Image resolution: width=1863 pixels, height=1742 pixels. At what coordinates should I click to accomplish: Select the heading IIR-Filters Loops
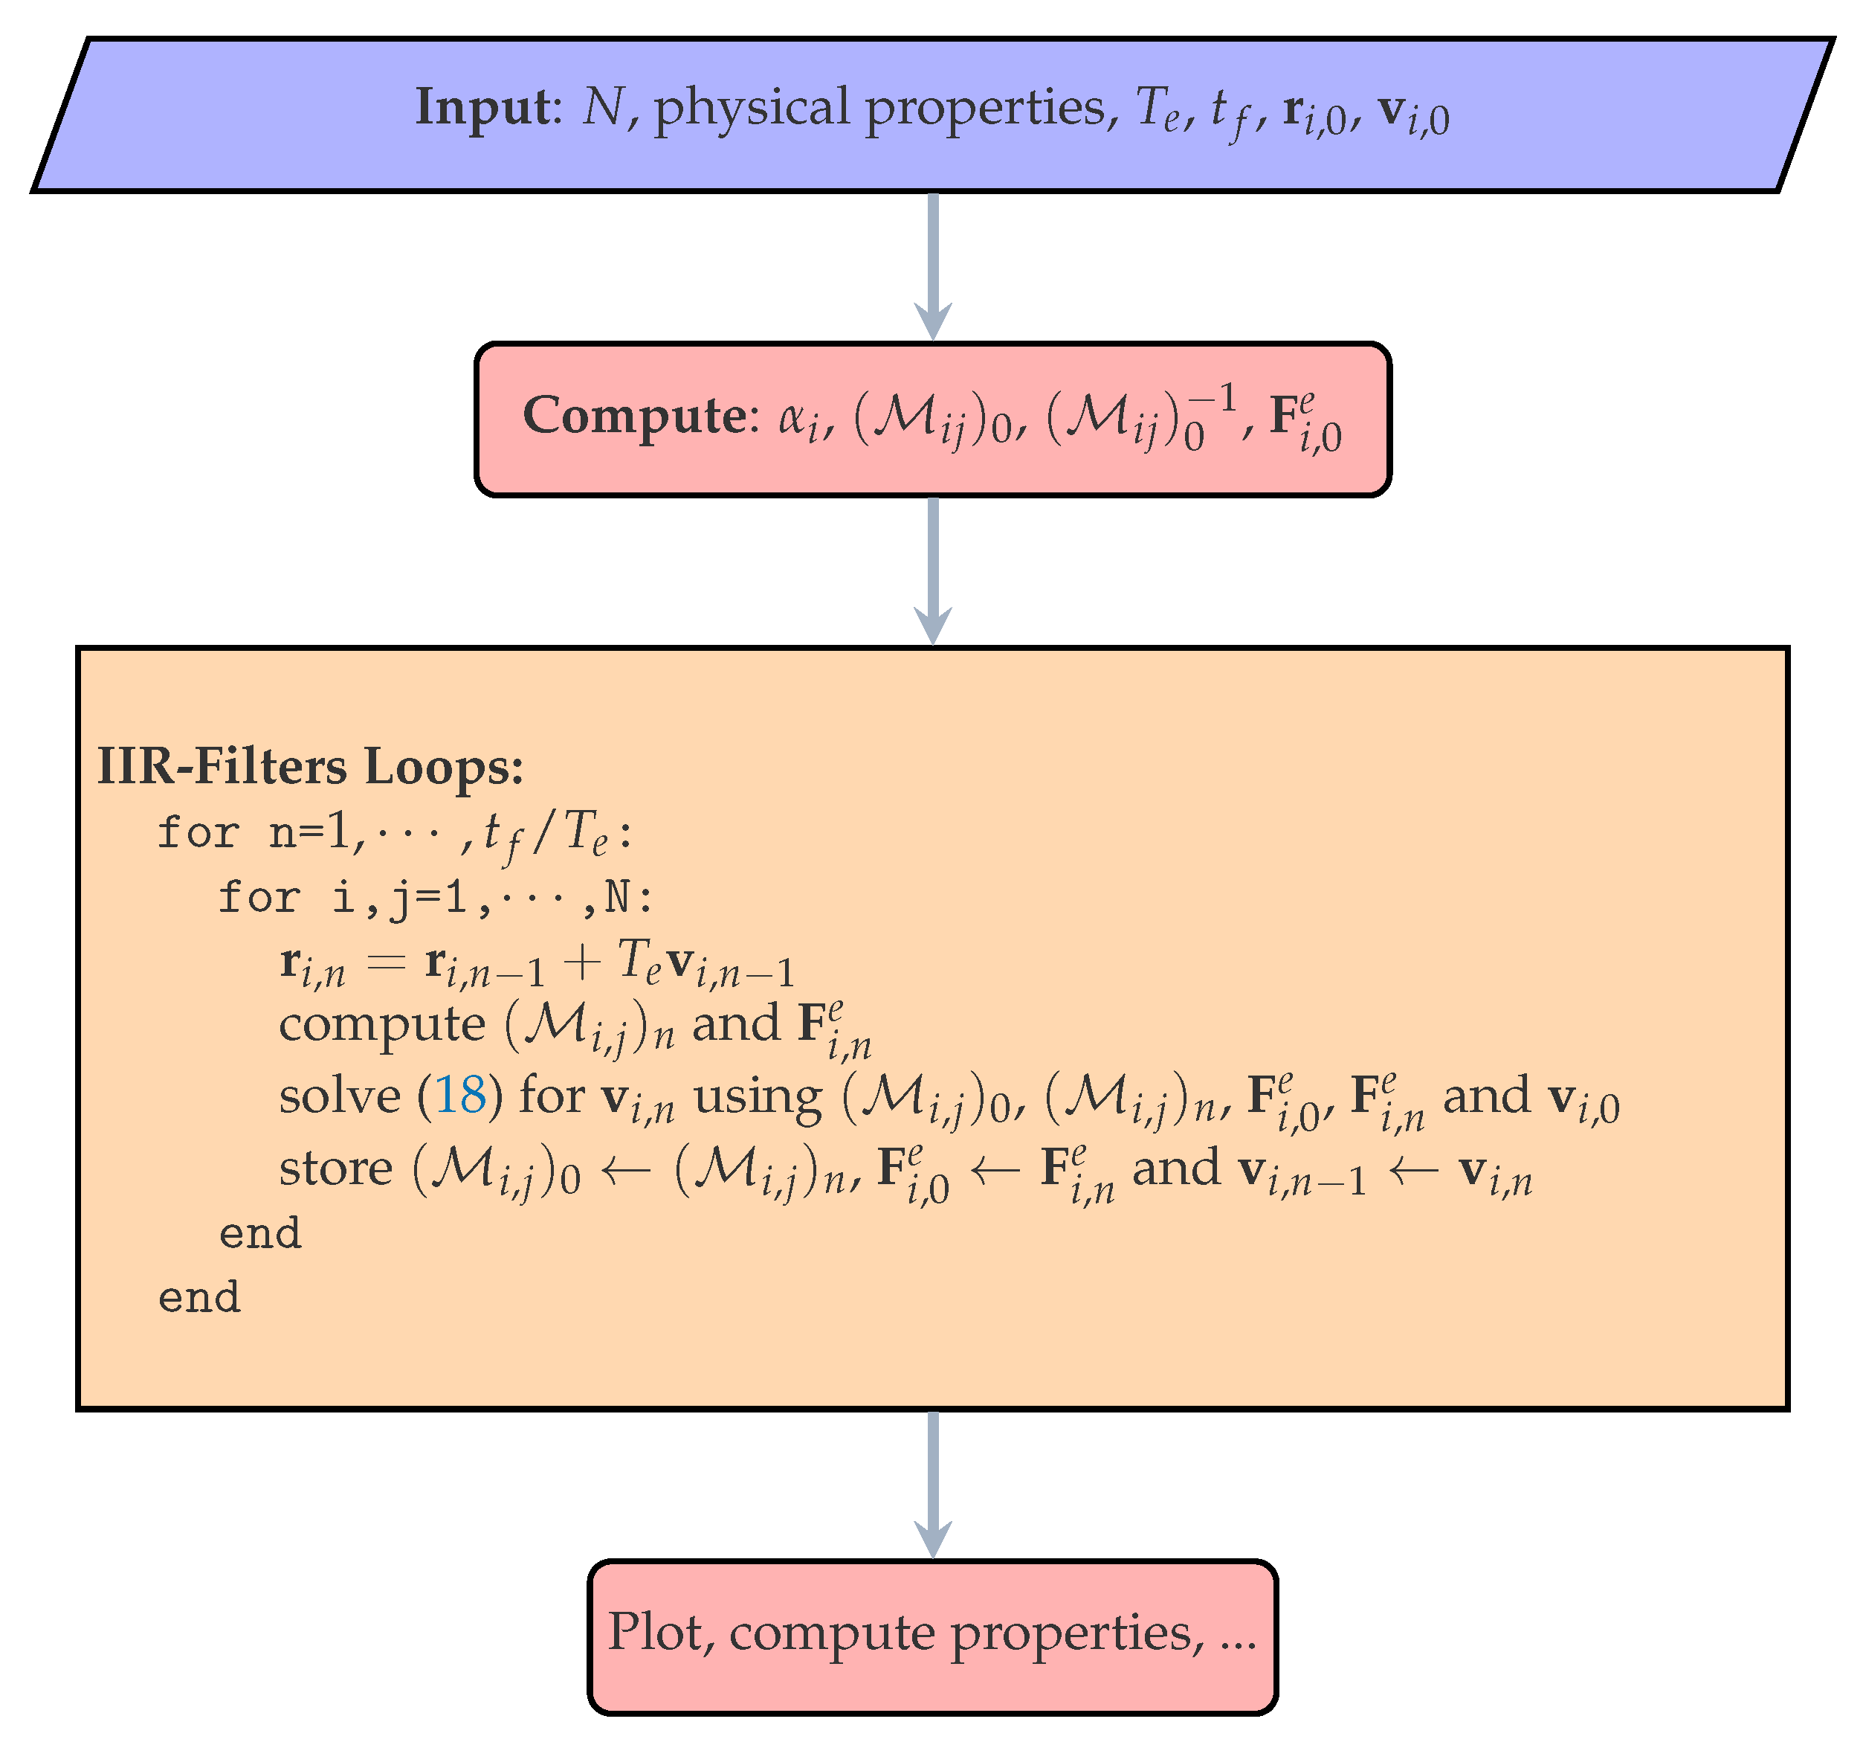point(310,767)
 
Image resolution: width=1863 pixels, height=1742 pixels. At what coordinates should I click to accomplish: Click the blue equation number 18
point(460,1094)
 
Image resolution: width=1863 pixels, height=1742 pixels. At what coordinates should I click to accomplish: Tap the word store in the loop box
point(335,1169)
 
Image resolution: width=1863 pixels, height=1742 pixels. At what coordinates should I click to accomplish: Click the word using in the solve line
point(758,1098)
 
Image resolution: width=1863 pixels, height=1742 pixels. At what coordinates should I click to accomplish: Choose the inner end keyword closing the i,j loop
point(259,1233)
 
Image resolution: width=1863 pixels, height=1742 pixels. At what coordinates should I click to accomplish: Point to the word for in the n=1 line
point(198,832)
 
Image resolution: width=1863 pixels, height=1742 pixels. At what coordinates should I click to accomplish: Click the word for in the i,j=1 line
point(259,897)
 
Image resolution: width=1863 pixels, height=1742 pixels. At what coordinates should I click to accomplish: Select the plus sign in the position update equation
point(582,963)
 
